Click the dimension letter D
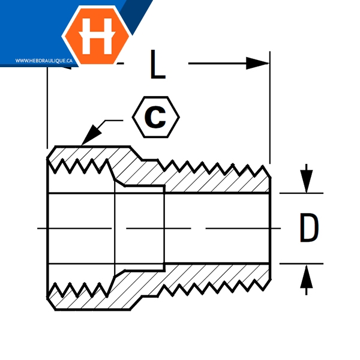(x=308, y=229)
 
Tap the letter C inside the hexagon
(x=156, y=117)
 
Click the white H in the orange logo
(x=96, y=35)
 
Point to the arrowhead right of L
(x=258, y=63)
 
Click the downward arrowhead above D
(x=307, y=181)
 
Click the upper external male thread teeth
(x=216, y=166)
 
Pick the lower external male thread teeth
(x=216, y=290)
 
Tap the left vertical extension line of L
(x=47, y=108)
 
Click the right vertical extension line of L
(x=270, y=108)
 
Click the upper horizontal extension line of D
(x=300, y=193)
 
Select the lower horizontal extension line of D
(x=300, y=263)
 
